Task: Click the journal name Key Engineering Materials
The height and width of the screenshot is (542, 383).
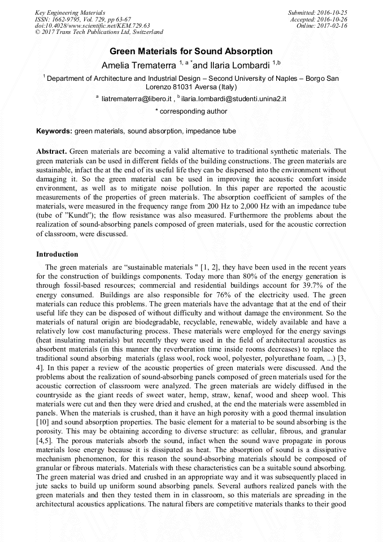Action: tap(69, 12)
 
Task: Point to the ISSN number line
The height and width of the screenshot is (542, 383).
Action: tap(82, 19)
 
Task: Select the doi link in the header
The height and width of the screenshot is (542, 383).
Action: tap(92, 26)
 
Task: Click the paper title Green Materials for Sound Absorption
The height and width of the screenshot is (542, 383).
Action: tap(191, 51)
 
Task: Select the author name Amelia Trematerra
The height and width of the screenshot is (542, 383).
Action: tap(138, 66)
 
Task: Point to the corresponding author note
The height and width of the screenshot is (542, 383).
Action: tap(191, 111)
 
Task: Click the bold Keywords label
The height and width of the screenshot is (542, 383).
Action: tap(54, 131)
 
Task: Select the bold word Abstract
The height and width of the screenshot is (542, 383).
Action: tap(51, 151)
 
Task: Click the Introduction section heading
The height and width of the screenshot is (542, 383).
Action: tap(57, 254)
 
